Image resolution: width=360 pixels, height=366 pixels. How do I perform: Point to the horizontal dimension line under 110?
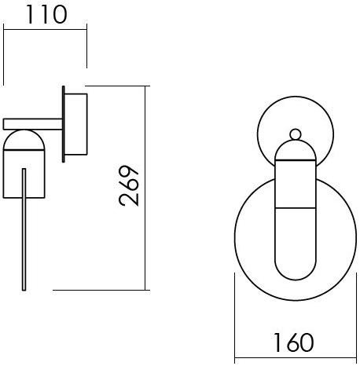click(45, 29)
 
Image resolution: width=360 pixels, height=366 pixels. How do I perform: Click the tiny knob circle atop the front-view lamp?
click(296, 134)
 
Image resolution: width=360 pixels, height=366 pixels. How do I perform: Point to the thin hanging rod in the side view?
click(24, 228)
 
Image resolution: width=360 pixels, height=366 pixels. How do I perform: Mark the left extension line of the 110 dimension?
click(4, 55)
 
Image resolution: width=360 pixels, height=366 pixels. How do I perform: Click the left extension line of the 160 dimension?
click(237, 314)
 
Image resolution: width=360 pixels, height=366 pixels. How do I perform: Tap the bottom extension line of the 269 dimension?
click(102, 290)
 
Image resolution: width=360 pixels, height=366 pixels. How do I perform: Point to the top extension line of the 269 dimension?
click(118, 86)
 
